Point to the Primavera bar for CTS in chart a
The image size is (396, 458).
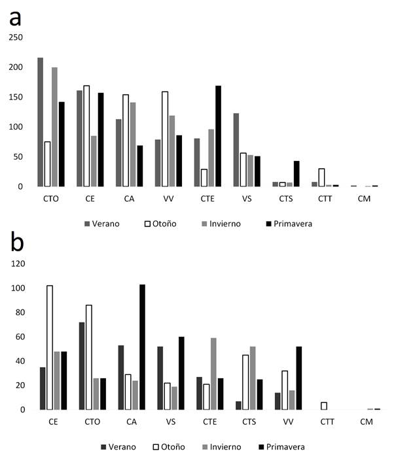[297, 173]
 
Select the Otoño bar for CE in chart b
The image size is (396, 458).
[68, 347]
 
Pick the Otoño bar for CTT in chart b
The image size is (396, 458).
[324, 406]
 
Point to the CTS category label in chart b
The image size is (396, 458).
[249, 421]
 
